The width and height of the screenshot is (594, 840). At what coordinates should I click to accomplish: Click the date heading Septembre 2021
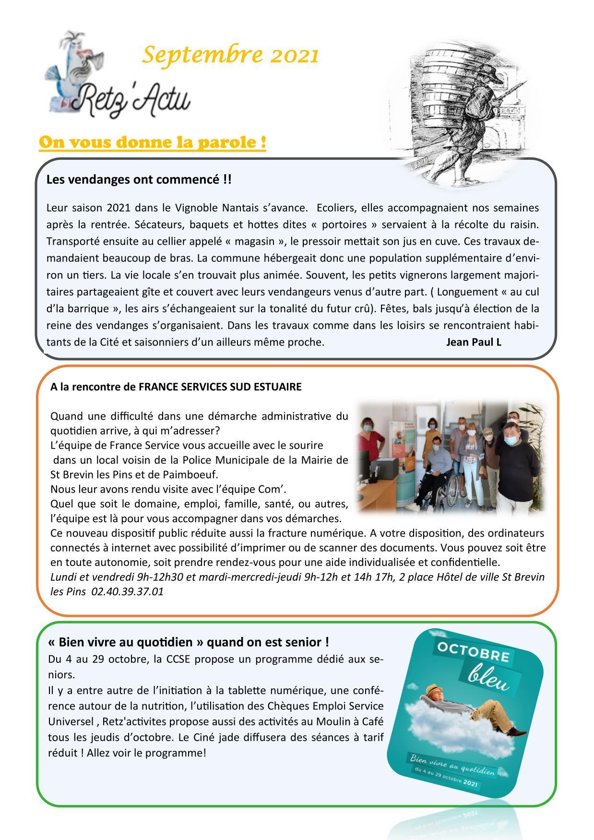[230, 55]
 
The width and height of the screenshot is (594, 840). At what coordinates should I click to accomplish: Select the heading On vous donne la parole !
[153, 143]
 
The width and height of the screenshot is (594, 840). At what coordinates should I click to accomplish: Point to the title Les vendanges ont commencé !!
[139, 180]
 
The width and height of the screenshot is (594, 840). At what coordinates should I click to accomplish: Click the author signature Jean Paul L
[474, 342]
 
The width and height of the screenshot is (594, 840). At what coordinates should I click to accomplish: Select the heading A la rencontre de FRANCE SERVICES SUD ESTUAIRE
[176, 387]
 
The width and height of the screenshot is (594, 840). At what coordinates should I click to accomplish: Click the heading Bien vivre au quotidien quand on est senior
[188, 642]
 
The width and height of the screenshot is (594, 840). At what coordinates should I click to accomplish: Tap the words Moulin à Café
[350, 722]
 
